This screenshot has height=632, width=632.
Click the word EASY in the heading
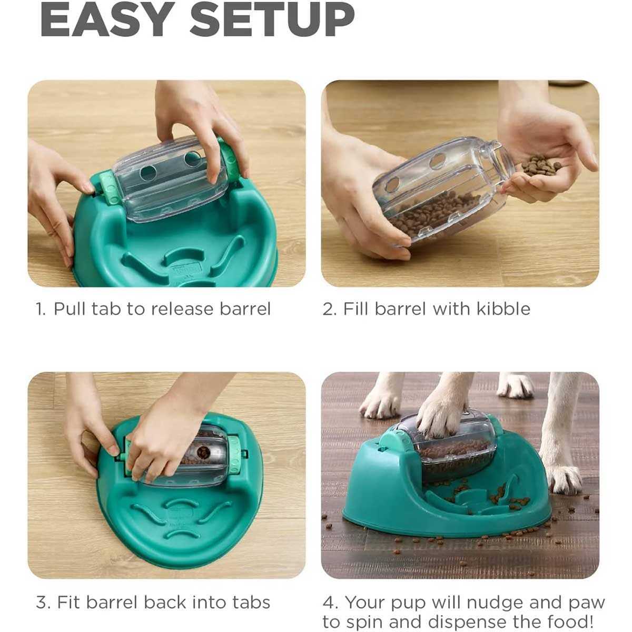pos(107,21)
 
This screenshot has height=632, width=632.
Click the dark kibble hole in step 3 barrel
pos(202,452)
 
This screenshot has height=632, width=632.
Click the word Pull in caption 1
pos(70,309)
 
